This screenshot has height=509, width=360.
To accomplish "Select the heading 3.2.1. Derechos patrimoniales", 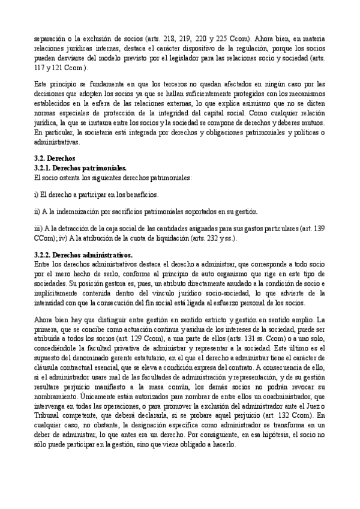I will [x=81, y=168].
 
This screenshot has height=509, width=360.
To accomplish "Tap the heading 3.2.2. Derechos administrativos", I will [x=83, y=255].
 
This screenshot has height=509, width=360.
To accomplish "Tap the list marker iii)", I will [x=39, y=229].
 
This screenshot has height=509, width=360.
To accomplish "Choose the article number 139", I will [x=319, y=229].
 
